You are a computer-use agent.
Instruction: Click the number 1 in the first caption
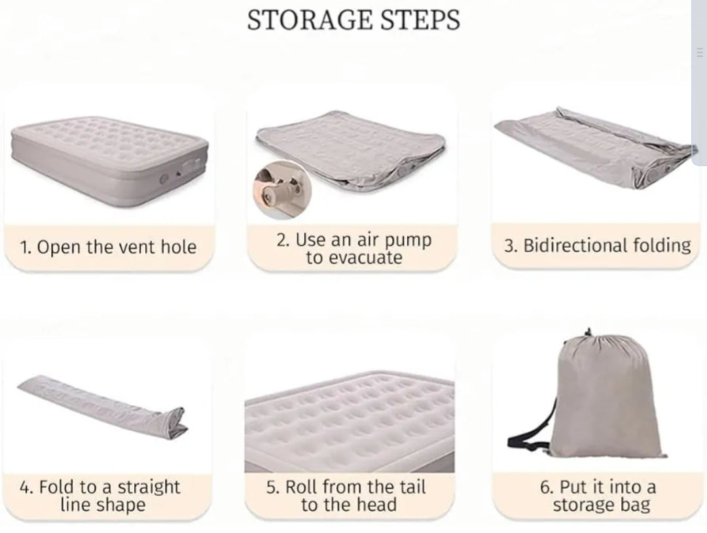tap(24, 248)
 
